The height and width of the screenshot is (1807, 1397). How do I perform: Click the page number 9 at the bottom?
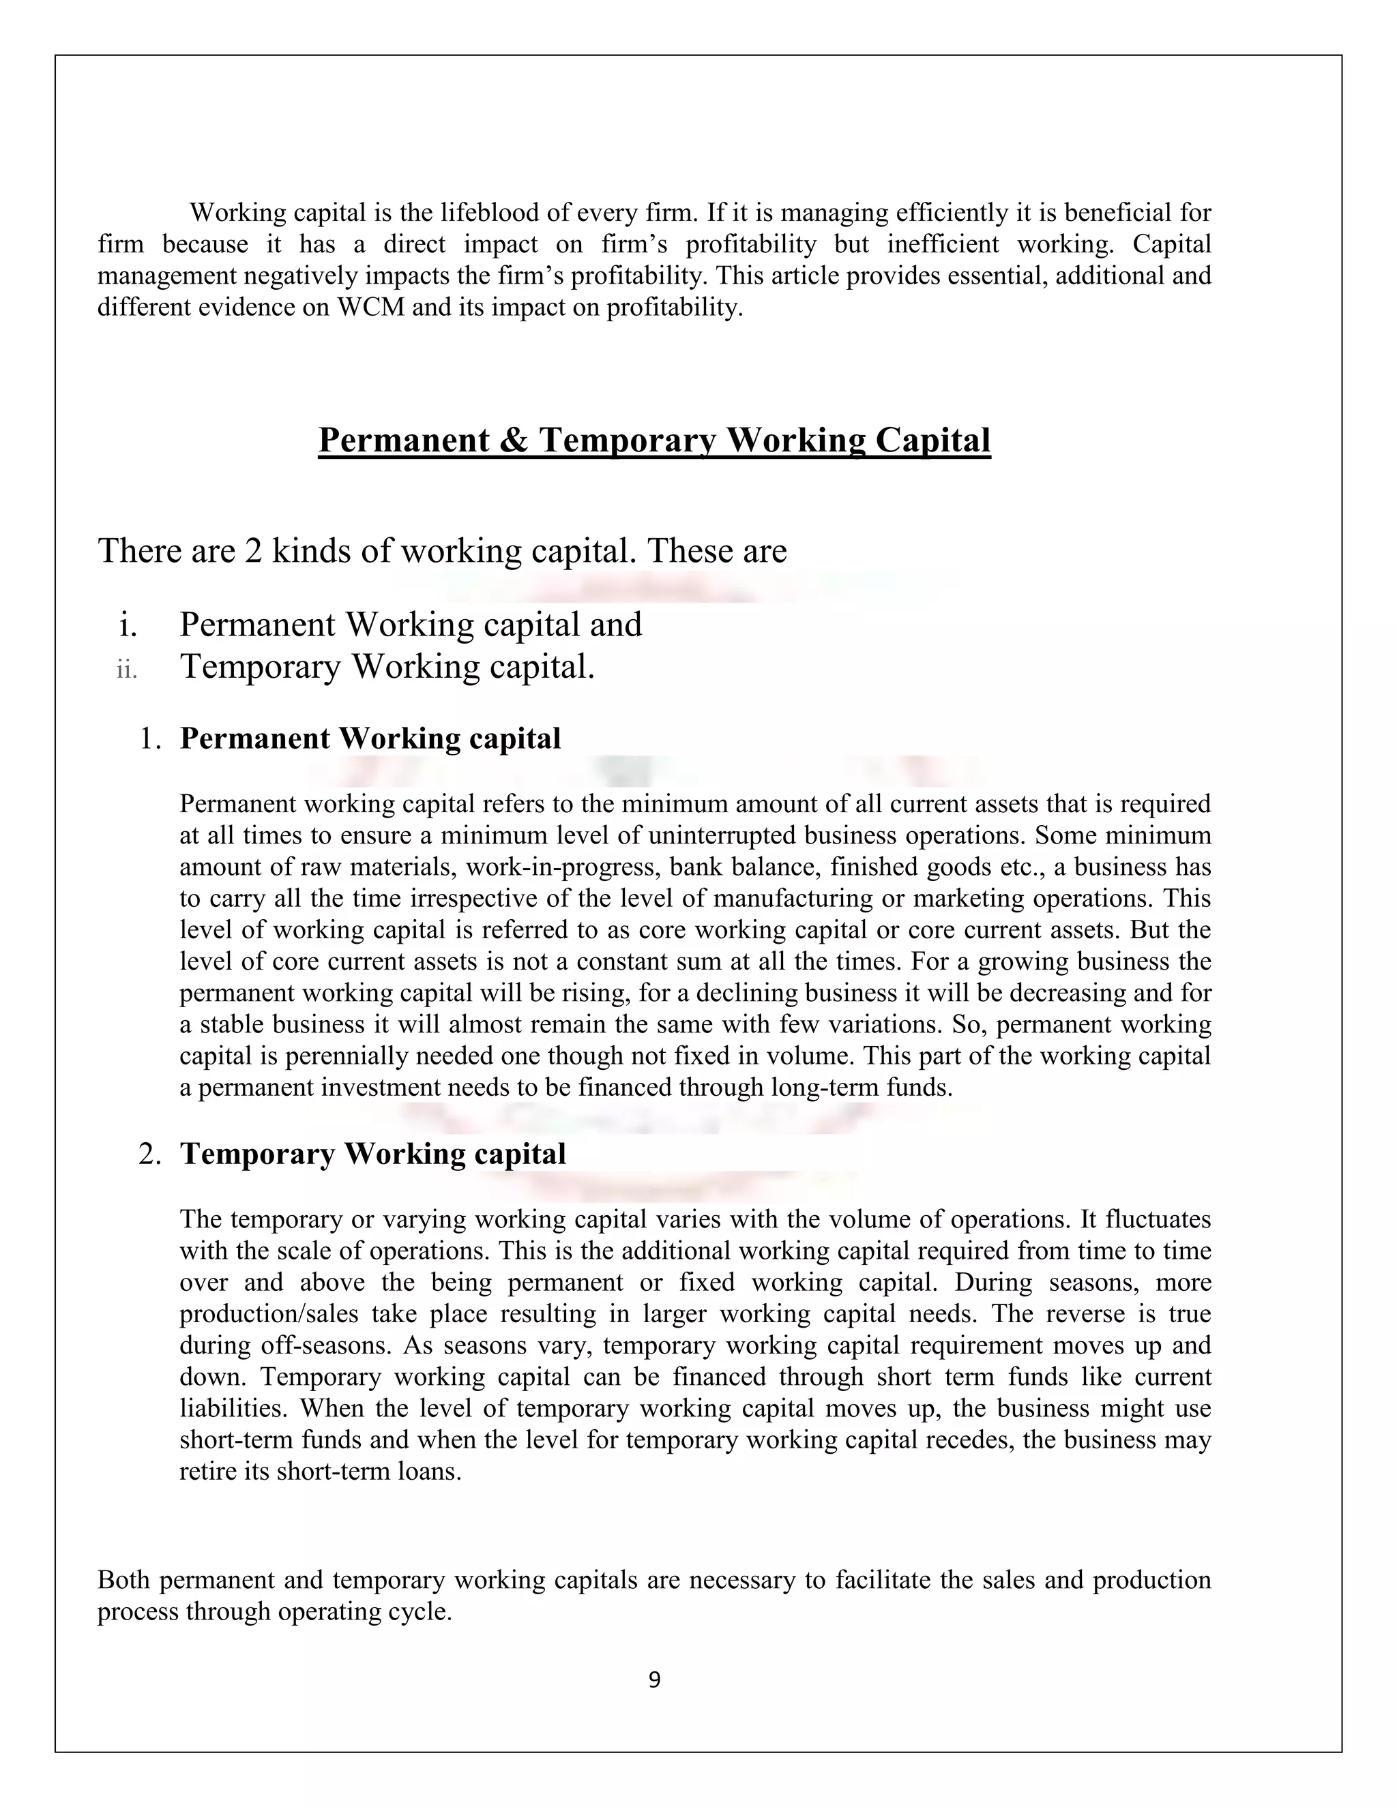653,1679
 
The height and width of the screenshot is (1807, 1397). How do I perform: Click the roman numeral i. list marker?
127,625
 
